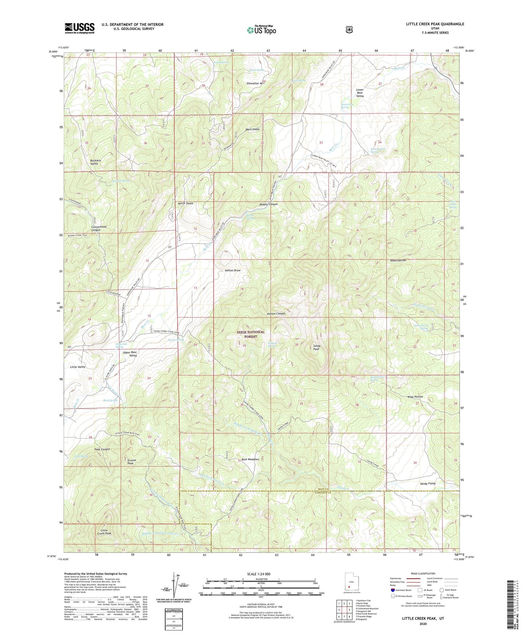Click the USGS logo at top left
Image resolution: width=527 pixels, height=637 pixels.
coord(80,28)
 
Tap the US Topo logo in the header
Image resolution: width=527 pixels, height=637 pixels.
coord(261,30)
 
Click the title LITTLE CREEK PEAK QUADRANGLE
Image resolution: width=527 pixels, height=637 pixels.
coord(435,24)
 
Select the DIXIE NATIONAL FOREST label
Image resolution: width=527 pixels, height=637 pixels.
coord(251,334)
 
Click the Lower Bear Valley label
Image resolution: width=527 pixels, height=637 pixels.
coord(360,93)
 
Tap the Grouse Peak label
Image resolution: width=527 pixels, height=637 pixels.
coord(132,462)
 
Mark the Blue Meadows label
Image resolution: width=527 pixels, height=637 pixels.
coord(250,459)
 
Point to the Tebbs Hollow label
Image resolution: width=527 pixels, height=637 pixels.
coord(398,260)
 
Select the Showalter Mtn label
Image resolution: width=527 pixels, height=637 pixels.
coord(255,84)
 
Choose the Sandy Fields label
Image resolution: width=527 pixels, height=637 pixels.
coord(427,483)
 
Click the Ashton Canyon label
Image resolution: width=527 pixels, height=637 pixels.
coord(276,313)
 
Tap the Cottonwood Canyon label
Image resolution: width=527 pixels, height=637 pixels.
coord(99,228)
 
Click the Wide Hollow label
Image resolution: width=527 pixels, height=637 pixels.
coord(415,397)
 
